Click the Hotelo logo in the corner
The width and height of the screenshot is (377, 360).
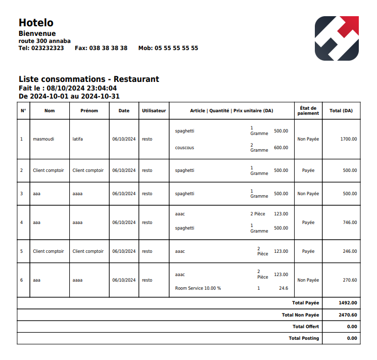click(x=337, y=38)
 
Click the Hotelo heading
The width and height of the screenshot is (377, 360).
click(x=36, y=23)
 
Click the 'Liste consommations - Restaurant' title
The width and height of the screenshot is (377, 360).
click(x=89, y=79)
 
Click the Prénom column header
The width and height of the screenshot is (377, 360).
click(x=89, y=111)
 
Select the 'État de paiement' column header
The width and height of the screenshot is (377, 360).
click(x=308, y=111)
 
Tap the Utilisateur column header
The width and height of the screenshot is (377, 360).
click(x=154, y=111)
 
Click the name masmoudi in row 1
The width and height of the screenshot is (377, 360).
click(x=43, y=139)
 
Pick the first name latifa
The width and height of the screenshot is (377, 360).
click(x=78, y=139)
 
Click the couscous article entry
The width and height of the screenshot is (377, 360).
click(x=184, y=148)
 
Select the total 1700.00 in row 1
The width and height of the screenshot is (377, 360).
click(x=349, y=139)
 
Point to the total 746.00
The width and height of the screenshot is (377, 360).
click(x=350, y=222)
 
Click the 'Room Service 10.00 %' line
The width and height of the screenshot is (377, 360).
click(x=198, y=288)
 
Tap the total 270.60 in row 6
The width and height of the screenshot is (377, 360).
click(x=350, y=280)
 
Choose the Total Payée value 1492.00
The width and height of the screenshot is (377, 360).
click(x=348, y=303)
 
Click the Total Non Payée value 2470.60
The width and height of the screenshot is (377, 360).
click(x=348, y=314)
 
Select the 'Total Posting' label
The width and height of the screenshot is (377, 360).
click(x=304, y=338)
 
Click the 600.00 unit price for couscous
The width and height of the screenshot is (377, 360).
click(x=281, y=148)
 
